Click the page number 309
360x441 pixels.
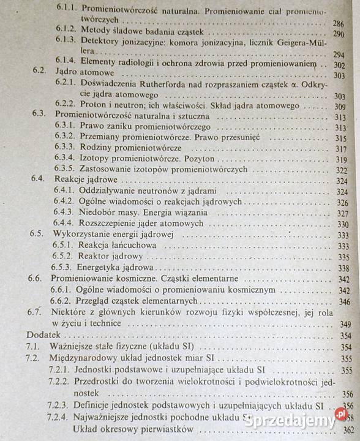click(x=340, y=107)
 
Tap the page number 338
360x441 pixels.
click(x=343, y=268)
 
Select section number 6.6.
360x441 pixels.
click(x=35, y=278)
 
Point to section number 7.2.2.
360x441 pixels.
click(x=59, y=382)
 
